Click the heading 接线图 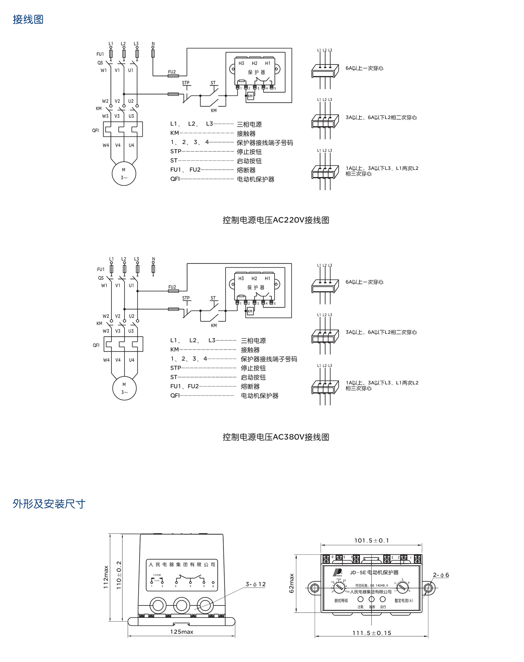[x=28, y=19]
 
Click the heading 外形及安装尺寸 [x=49, y=504]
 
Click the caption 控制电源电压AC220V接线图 [x=276, y=220]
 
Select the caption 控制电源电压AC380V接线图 [x=276, y=437]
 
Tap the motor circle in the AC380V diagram [x=124, y=388]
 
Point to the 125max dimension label [x=182, y=632]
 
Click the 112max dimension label [x=106, y=577]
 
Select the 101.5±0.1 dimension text [x=372, y=540]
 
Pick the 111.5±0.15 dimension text [x=372, y=633]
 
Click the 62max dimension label [x=291, y=583]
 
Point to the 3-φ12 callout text [x=255, y=584]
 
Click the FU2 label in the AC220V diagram [x=172, y=72]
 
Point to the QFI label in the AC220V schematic [x=95, y=131]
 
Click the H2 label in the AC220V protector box [x=254, y=63]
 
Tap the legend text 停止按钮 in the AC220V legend [x=249, y=152]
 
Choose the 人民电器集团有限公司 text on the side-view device [x=182, y=564]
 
